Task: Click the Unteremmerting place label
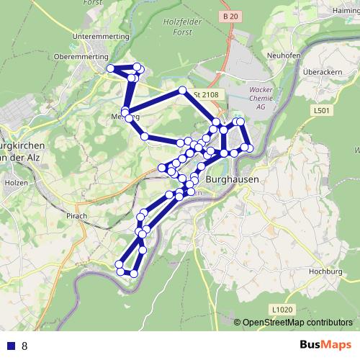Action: click(101, 36)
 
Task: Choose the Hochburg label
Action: click(324, 272)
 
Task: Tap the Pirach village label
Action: click(75, 215)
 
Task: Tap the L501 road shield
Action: click(322, 111)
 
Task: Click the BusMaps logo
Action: click(321, 345)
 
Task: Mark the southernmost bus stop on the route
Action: click(135, 274)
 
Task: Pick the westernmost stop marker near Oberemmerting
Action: click(111, 68)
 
